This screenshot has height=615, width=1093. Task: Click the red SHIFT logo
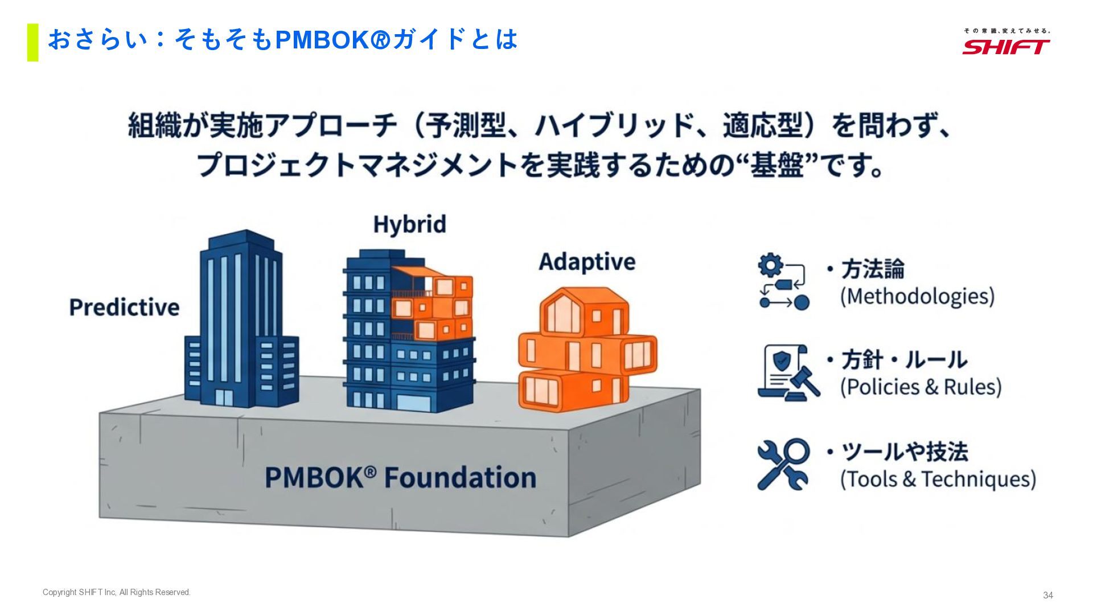pyautogui.click(x=1006, y=47)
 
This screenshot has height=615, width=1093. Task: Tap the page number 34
pyautogui.click(x=1047, y=595)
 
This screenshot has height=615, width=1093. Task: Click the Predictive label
pyautogui.click(x=124, y=307)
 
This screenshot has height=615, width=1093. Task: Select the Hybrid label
pyautogui.click(x=409, y=224)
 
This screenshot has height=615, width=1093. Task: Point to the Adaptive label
pyautogui.click(x=587, y=262)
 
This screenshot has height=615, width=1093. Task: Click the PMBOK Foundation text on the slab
pyautogui.click(x=400, y=477)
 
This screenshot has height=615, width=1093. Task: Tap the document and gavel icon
pyautogui.click(x=788, y=372)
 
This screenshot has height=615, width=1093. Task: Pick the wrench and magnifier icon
pyautogui.click(x=783, y=464)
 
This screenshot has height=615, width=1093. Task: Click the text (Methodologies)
pyautogui.click(x=917, y=297)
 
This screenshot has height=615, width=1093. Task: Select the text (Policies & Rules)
pyautogui.click(x=921, y=387)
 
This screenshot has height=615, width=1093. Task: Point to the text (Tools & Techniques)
pyautogui.click(x=938, y=479)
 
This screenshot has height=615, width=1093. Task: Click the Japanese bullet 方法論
pyautogui.click(x=872, y=269)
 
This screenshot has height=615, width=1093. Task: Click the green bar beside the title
pyautogui.click(x=32, y=42)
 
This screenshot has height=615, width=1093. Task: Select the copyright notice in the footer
pyautogui.click(x=117, y=592)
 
